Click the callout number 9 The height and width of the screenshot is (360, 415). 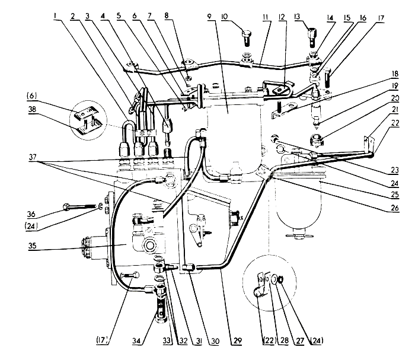point(209,17)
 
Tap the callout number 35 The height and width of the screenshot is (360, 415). point(32,246)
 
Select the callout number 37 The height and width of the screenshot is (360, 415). point(33,157)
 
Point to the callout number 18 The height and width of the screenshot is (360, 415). point(395,74)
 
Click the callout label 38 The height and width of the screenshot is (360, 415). point(32,109)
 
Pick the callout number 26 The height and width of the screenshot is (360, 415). point(394,208)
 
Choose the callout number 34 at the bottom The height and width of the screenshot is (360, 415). point(136,340)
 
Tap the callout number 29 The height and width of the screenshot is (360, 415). point(238,340)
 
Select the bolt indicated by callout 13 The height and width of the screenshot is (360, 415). point(311,36)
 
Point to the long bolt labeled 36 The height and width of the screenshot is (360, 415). point(79,207)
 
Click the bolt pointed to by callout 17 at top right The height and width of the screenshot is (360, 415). point(328,78)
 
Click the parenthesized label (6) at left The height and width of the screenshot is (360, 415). point(32,95)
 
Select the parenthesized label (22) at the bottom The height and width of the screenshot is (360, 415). point(269,340)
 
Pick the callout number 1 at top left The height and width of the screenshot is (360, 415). point(55,16)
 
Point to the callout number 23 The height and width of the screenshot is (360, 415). point(394,170)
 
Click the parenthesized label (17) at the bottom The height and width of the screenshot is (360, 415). point(103,340)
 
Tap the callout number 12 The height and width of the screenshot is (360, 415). point(282,17)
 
